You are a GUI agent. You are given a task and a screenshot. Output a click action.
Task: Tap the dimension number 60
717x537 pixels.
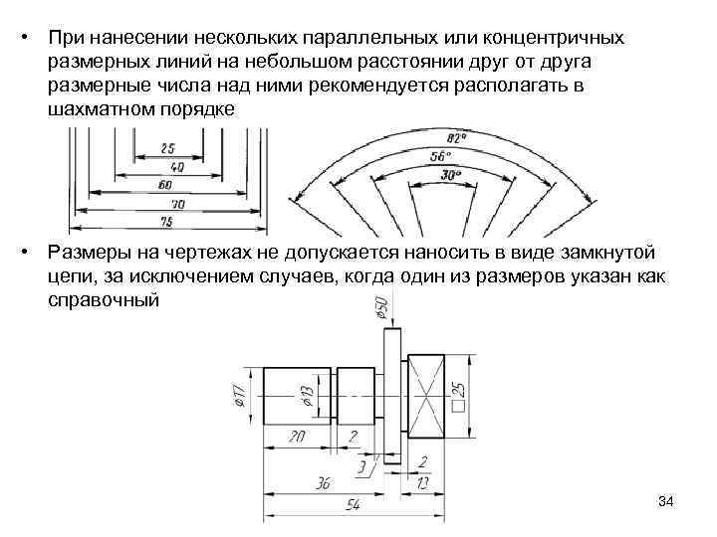click(163, 184)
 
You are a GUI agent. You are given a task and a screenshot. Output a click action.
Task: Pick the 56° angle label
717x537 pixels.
click(441, 155)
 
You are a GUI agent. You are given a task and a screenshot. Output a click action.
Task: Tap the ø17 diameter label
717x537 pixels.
click(239, 398)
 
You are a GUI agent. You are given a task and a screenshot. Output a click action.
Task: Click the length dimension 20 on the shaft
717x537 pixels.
click(297, 437)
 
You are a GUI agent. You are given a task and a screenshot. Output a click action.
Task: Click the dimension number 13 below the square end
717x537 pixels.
click(425, 483)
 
